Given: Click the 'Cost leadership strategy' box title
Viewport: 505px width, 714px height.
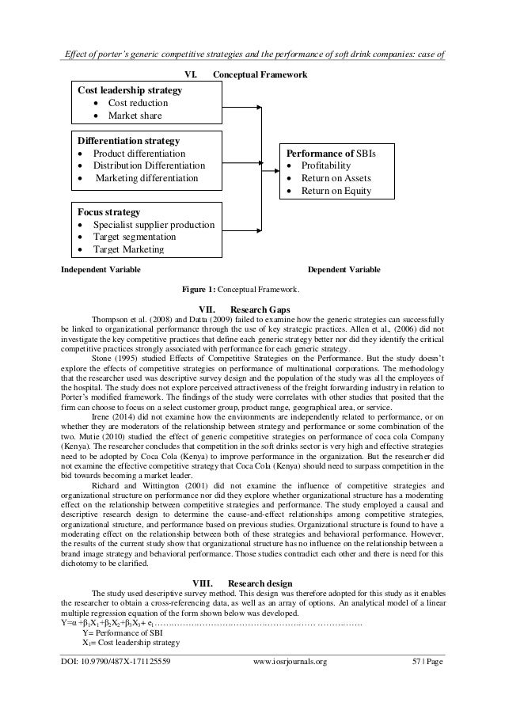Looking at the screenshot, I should click(128, 91).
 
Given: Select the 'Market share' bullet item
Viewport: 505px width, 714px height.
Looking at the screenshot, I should click(135, 116).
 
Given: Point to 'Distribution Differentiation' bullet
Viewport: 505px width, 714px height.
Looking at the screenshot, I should click(149, 165).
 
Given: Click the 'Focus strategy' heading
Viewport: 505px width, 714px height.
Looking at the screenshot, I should click(108, 212).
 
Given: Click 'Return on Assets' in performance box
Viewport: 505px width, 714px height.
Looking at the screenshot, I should click(336, 178).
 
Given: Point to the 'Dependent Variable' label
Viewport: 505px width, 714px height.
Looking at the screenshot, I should click(343, 270).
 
